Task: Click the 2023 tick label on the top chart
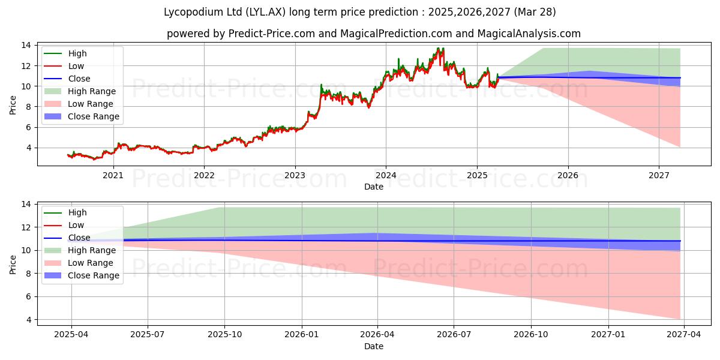click(295, 175)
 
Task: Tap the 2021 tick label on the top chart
click(113, 175)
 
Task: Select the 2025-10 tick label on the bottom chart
click(225, 335)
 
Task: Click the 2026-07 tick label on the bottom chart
click(454, 335)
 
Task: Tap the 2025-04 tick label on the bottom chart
click(71, 335)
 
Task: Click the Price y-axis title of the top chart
click(13, 105)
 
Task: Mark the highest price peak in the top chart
click(439, 49)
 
